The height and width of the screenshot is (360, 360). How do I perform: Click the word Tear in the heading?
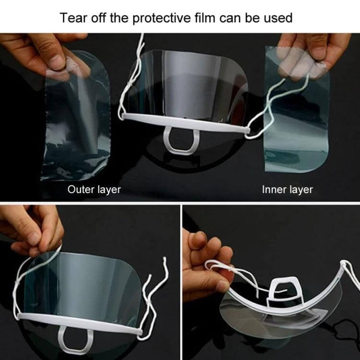pos(73,18)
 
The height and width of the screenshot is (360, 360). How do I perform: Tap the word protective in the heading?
pos(161,18)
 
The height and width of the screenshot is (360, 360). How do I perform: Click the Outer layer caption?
pos(94,190)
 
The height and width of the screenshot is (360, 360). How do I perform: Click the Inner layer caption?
pos(287,190)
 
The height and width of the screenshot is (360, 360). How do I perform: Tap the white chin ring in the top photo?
pos(180,140)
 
